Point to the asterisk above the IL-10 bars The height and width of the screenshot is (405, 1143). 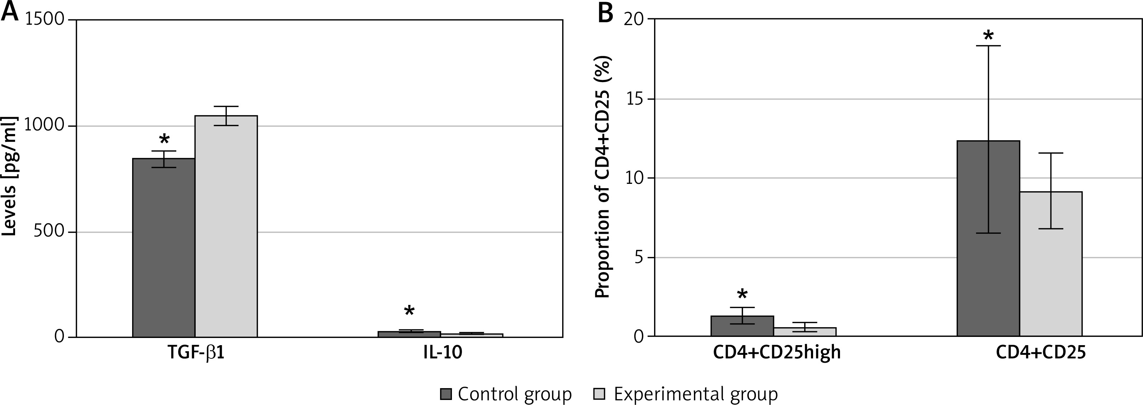[x=409, y=311]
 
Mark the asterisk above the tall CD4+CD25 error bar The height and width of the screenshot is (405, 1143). [x=988, y=36]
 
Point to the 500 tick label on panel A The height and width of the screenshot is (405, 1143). [x=49, y=232]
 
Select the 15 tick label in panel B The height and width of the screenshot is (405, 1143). [x=635, y=99]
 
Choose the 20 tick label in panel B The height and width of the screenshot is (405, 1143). [x=635, y=19]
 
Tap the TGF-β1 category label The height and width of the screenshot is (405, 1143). [x=196, y=353]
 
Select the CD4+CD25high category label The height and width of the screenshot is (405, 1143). [x=776, y=353]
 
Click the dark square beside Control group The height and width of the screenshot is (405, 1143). [x=445, y=394]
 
